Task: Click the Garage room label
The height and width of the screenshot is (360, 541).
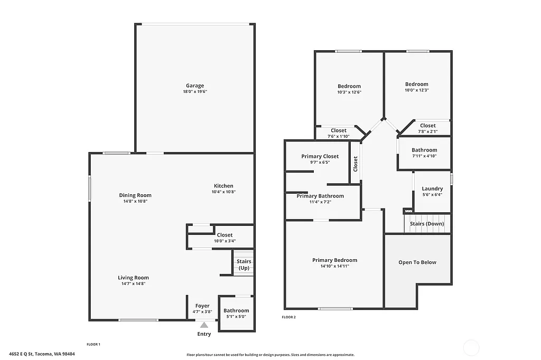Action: [194, 86]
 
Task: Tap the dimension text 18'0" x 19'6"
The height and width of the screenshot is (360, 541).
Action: [194, 92]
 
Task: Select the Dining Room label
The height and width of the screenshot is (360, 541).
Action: [135, 195]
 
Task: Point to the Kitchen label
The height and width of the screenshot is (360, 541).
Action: [223, 186]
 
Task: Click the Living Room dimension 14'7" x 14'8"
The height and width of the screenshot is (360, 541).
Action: [133, 283]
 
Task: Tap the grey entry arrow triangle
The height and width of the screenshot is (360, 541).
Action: [204, 325]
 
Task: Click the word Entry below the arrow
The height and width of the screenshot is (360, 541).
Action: [204, 334]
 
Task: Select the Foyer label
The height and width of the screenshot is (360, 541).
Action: [202, 306]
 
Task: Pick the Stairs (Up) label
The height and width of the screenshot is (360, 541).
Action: [244, 264]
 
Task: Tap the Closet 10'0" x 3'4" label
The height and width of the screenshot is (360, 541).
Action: [225, 235]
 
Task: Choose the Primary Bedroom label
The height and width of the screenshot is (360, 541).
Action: [334, 260]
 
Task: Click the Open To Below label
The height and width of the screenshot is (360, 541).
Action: [417, 262]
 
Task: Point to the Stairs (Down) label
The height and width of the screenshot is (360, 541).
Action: [427, 224]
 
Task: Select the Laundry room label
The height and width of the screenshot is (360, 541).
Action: [432, 188]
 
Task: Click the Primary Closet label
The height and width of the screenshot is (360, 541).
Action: [320, 156]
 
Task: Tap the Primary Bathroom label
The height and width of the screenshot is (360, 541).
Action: [320, 196]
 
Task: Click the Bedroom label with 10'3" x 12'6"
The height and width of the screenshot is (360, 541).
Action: [349, 86]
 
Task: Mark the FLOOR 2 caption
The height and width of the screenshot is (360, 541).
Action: [288, 317]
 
